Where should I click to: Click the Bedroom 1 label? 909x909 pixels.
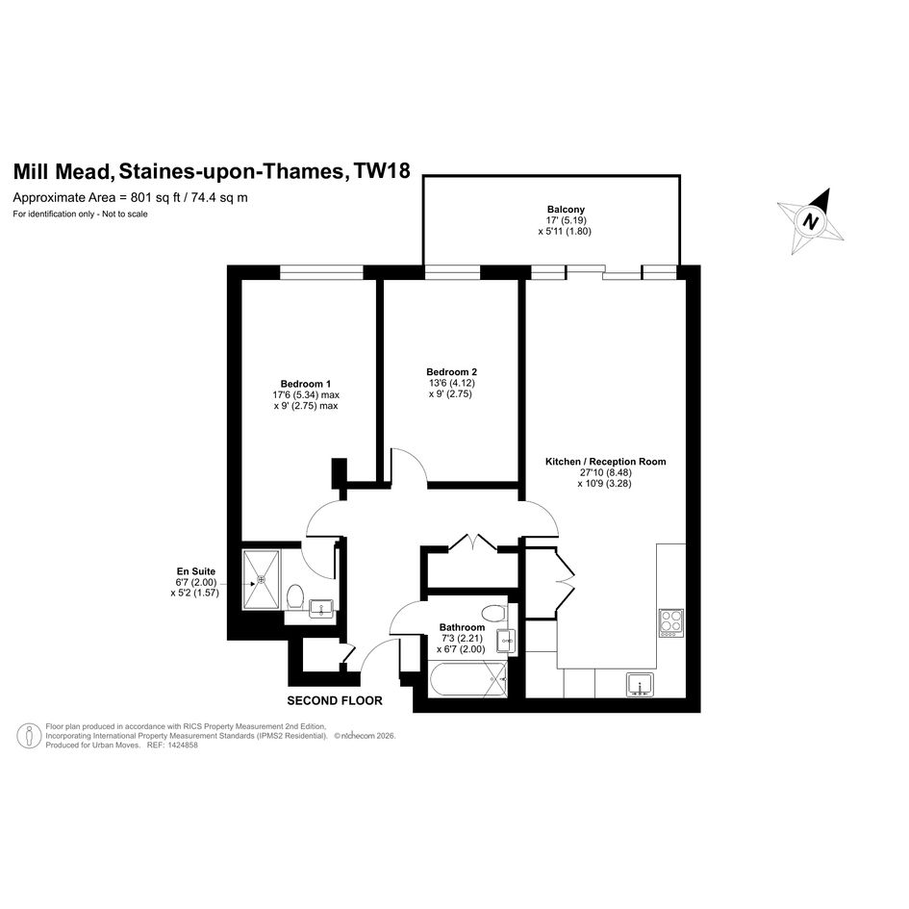coord(306,384)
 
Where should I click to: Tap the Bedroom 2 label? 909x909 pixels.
coord(451,371)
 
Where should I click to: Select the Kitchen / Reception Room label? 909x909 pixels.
coord(605,462)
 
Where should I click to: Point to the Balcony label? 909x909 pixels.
coord(566,210)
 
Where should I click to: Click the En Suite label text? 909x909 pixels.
coord(196,571)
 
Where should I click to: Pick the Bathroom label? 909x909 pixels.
coord(462,627)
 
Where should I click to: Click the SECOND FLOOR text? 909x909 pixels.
coord(335,700)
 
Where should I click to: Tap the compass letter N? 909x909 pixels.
coord(811,221)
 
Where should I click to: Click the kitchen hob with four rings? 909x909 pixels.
coord(671,622)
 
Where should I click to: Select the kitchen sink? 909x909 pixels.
coord(640,685)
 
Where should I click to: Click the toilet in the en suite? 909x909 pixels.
coord(295,596)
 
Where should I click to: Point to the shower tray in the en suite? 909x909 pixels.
coord(262,579)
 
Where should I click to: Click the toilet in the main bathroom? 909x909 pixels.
coord(493,613)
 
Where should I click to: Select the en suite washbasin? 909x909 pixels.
coord(320,609)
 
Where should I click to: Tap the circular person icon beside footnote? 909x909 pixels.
coord(29,736)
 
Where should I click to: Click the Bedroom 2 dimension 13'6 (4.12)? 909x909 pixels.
coord(451,383)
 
